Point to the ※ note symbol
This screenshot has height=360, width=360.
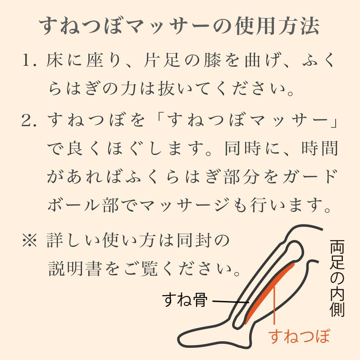29,240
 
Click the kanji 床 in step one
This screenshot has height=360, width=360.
55,60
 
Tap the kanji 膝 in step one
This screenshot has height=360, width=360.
212,60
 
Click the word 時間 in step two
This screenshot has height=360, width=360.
320,149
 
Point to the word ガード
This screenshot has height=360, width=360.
310,177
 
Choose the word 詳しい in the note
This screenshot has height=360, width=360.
73,240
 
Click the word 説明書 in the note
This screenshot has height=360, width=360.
75,269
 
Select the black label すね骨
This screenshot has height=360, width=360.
185,300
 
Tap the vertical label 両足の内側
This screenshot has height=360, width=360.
337,278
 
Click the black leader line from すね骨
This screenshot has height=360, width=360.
231,301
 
